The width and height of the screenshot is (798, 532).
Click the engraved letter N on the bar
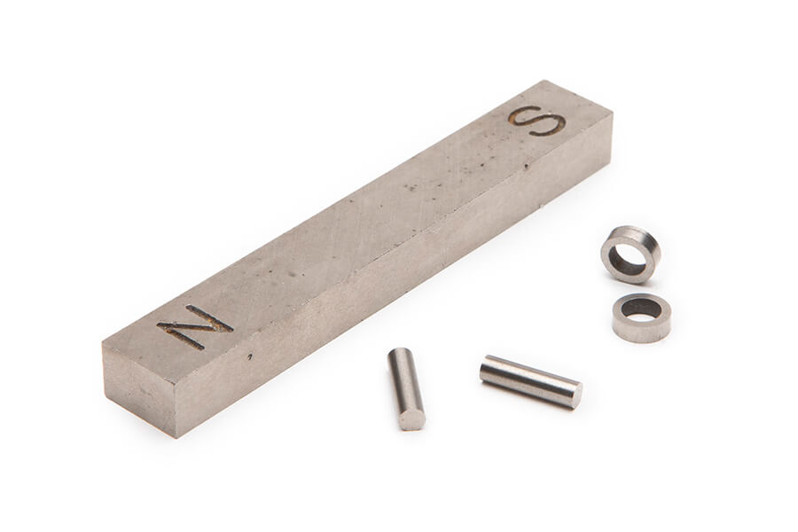195,327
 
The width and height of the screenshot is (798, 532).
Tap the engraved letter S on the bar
537,121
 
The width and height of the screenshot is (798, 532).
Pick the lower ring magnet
641,317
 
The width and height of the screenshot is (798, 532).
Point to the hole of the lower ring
641,309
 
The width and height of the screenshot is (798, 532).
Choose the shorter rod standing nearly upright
406,388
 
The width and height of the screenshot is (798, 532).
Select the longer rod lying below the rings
531,381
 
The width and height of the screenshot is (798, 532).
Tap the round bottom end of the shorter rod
411,420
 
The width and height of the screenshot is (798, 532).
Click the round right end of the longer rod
576,395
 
